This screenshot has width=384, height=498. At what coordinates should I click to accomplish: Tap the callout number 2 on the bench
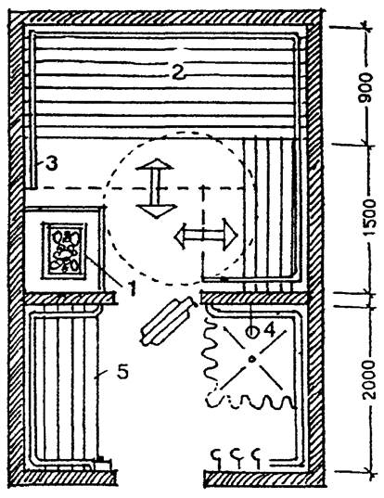click(178, 71)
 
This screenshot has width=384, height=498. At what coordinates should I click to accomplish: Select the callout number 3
click(51, 164)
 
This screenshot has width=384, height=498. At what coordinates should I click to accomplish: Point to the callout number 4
click(269, 330)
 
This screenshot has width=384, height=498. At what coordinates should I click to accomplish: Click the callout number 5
click(123, 371)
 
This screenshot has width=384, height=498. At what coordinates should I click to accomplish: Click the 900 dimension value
click(365, 86)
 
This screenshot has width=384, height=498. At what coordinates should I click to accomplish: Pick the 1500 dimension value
click(369, 217)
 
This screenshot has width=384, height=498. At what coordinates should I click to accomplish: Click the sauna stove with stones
click(65, 250)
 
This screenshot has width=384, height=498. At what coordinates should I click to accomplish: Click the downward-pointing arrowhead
click(156, 211)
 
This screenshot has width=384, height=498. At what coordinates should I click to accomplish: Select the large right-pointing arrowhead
click(230, 235)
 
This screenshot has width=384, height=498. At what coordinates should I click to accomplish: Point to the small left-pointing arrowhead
click(180, 236)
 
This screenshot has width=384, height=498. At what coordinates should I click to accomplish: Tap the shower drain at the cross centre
click(251, 359)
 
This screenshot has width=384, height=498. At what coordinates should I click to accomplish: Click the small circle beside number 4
click(252, 332)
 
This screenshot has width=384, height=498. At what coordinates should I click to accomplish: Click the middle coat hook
click(237, 458)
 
